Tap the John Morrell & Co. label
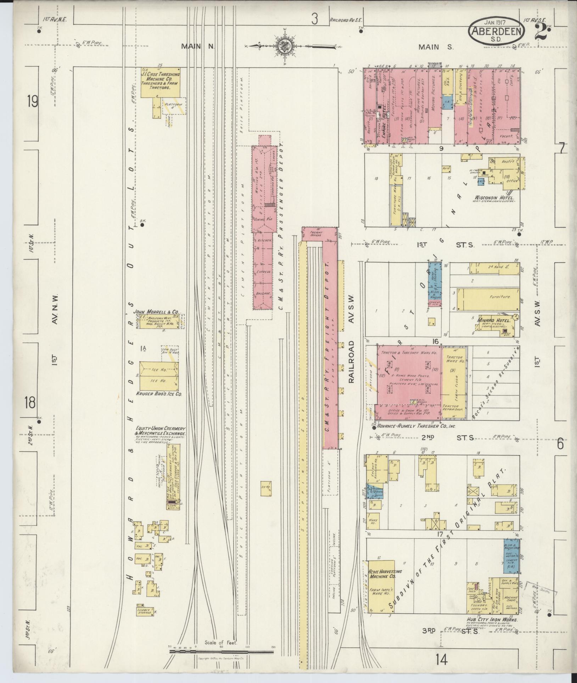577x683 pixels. click(156, 312)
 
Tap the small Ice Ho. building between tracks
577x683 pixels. click(266, 489)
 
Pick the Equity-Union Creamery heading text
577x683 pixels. click(160, 431)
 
